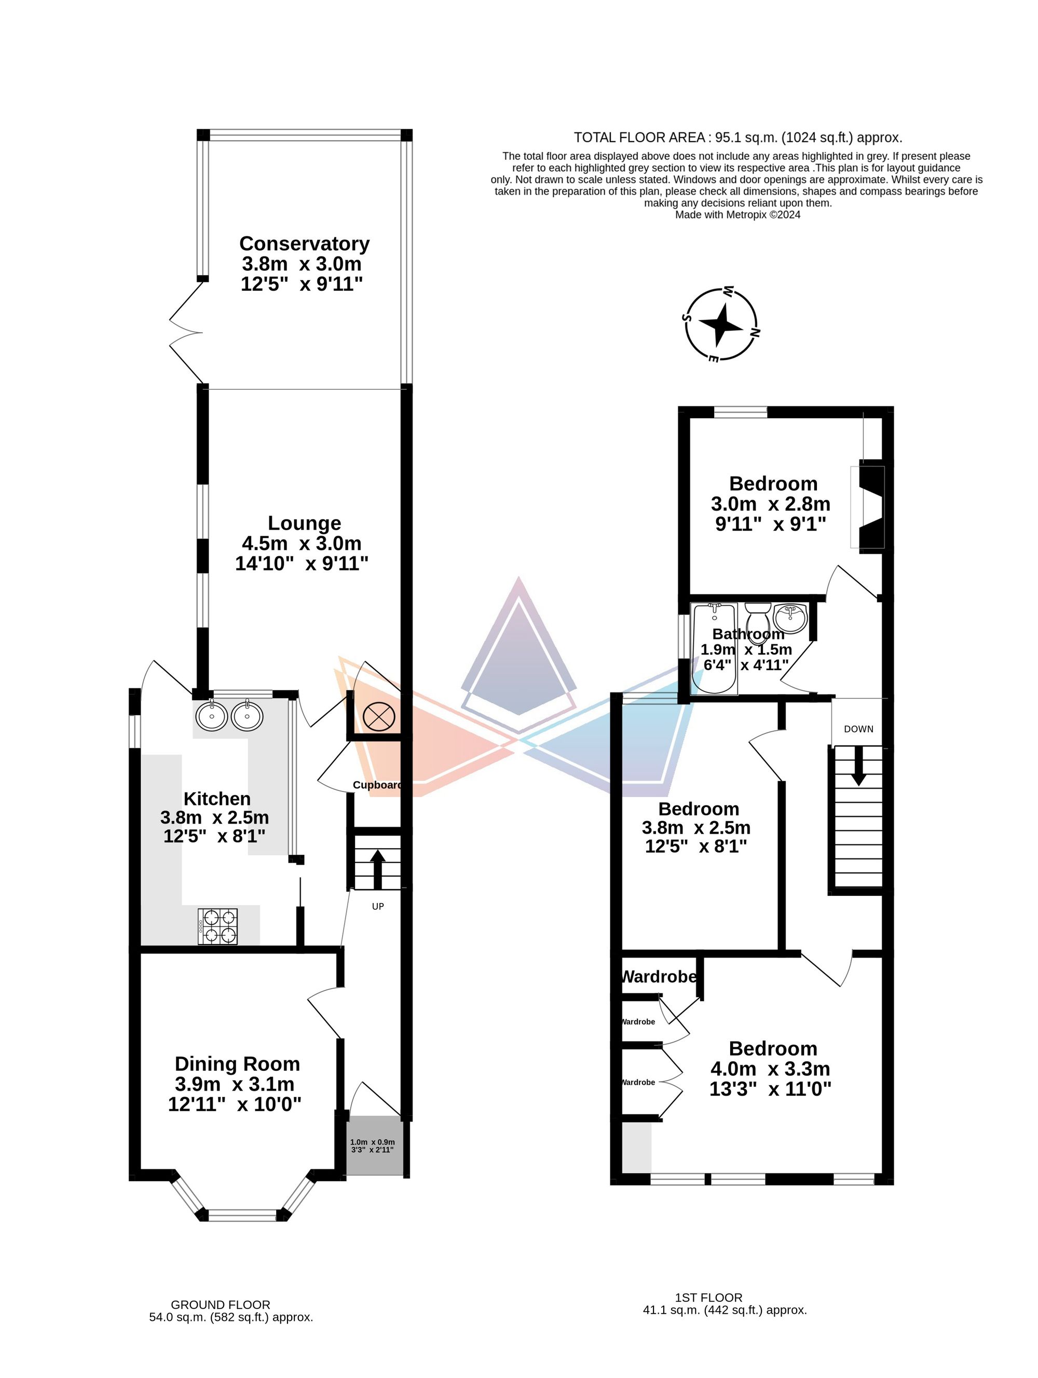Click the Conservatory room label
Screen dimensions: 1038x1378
pyautogui.click(x=304, y=243)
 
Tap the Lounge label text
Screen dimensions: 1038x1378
pyautogui.click(x=305, y=523)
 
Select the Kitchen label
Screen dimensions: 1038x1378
pyautogui.click(x=217, y=799)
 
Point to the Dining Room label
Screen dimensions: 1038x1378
pyautogui.click(x=237, y=1064)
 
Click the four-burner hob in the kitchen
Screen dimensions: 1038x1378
pyautogui.click(x=217, y=926)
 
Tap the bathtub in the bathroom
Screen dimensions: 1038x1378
pyautogui.click(x=715, y=648)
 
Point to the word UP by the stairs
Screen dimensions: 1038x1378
pyautogui.click(x=377, y=906)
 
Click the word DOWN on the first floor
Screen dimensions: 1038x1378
pyautogui.click(x=858, y=729)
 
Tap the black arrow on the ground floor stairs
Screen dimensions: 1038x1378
pyautogui.click(x=377, y=869)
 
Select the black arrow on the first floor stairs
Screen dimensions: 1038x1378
pyautogui.click(x=858, y=766)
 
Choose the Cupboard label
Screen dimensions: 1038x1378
pyautogui.click(x=377, y=785)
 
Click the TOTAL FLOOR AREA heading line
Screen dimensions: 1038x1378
pyautogui.click(x=737, y=138)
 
